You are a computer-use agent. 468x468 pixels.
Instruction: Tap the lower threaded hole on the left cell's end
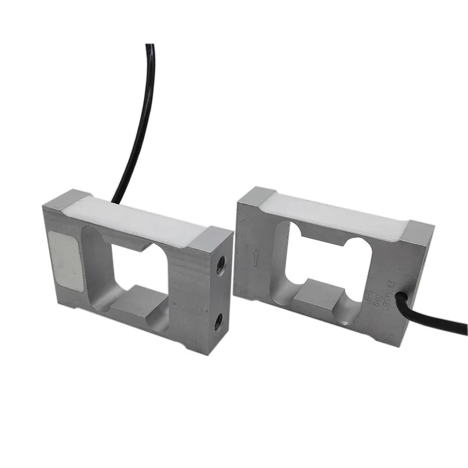coord(218,322)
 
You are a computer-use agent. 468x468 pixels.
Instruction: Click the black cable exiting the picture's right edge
coord(449,323)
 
